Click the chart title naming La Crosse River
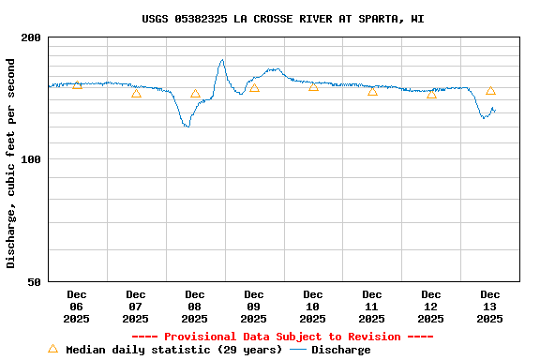pyautogui.click(x=282, y=19)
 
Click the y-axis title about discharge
pyautogui.click(x=11, y=163)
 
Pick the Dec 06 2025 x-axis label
pyautogui.click(x=77, y=307)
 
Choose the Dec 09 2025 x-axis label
pyautogui.click(x=254, y=307)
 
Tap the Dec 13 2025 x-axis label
pyautogui.click(x=490, y=307)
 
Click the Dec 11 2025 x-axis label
pyautogui.click(x=372, y=307)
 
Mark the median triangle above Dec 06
pyautogui.click(x=77, y=85)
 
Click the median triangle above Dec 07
pyautogui.click(x=136, y=93)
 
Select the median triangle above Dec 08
pyautogui.click(x=195, y=94)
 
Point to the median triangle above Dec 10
pyautogui.click(x=313, y=86)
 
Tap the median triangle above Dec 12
pyautogui.click(x=431, y=94)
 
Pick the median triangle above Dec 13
pyautogui.click(x=490, y=91)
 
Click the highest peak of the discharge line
pyautogui.click(x=222, y=60)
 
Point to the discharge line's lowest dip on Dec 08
pyautogui.click(x=187, y=127)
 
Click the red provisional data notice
pyautogui.click(x=282, y=337)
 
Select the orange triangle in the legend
pyautogui.click(x=52, y=350)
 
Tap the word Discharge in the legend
pyautogui.click(x=340, y=350)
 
